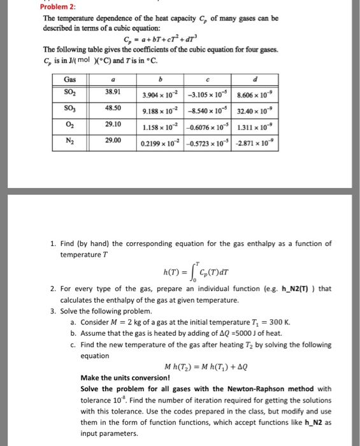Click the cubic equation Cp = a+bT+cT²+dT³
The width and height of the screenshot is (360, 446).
[x=168, y=39]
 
